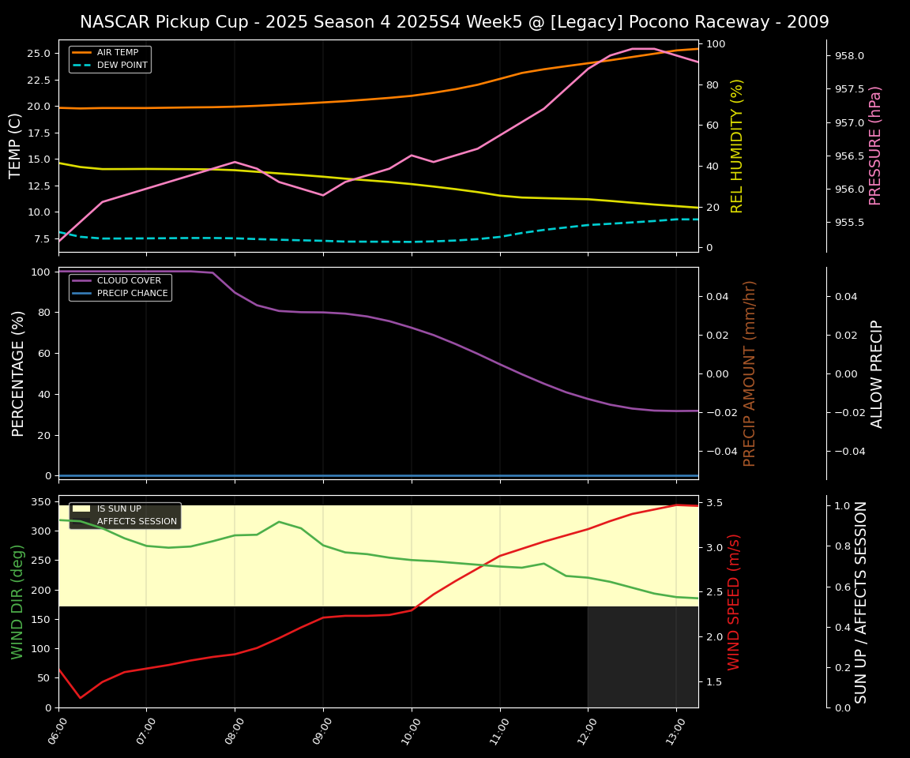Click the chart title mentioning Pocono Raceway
pyautogui.click(x=454, y=22)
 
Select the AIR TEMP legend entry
pyautogui.click(x=117, y=53)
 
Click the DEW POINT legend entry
pyautogui.click(x=122, y=66)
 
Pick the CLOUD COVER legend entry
pyautogui.click(x=128, y=280)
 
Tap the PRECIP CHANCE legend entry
pyautogui.click(x=132, y=294)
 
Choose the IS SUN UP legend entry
pyautogui.click(x=118, y=509)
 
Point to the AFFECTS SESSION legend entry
pyautogui.click(x=137, y=522)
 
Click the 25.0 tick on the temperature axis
pyautogui.click(x=39, y=54)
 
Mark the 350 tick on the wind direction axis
pyautogui.click(x=41, y=501)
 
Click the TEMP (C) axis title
pyautogui.click(x=16, y=145)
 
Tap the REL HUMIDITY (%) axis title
pyautogui.click(x=737, y=145)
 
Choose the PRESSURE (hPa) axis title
pyautogui.click(x=875, y=145)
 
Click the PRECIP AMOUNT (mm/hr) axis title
pyautogui.click(x=750, y=373)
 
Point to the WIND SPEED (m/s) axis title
pyautogui.click(x=735, y=602)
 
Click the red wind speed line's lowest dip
pyautogui.click(x=80, y=698)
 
